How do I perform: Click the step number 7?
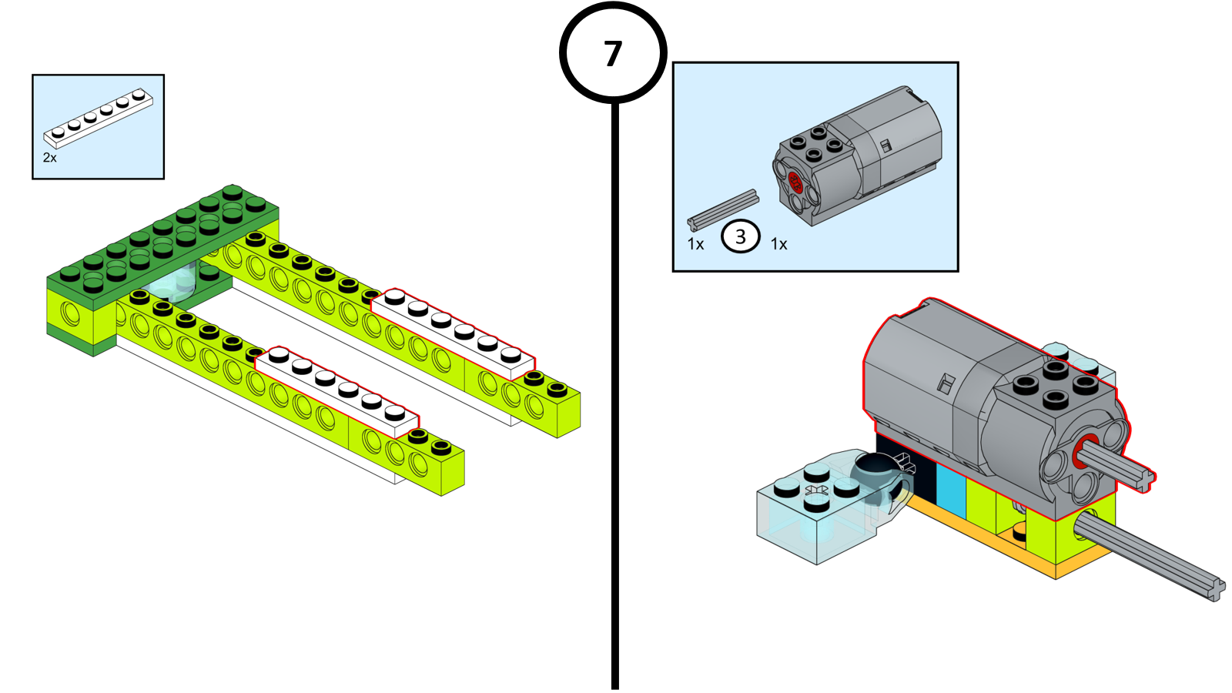tap(612, 54)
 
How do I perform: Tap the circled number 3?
tap(740, 236)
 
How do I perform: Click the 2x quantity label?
tap(50, 158)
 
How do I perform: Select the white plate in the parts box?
tap(98, 118)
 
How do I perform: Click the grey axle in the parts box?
tap(722, 209)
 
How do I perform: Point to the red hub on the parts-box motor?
tap(796, 184)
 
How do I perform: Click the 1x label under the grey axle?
tap(695, 244)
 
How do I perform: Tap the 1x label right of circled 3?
tap(778, 244)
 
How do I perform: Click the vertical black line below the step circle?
tap(614, 385)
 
